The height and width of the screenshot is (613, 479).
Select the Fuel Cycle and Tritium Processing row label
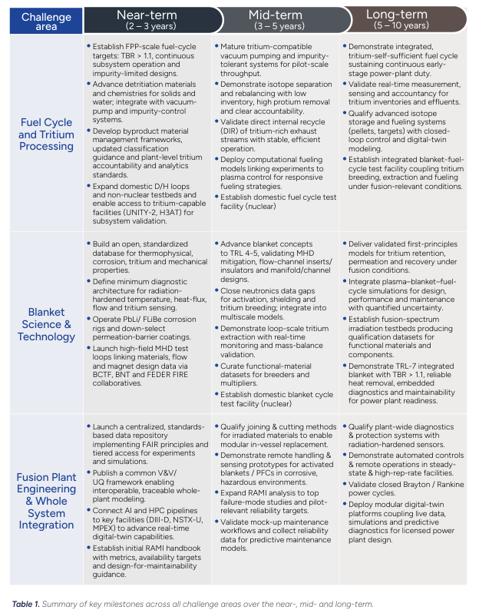pos(47,134)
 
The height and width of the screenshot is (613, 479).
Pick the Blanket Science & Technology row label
pos(47,324)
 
